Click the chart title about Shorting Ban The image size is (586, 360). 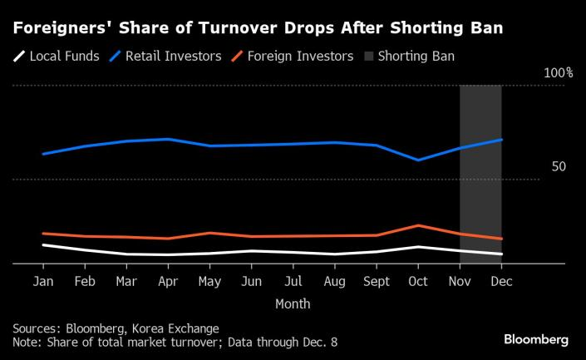coord(257,28)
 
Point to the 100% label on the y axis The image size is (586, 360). coord(558,73)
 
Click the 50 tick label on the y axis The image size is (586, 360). coord(559,166)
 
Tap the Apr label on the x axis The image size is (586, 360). coord(169,282)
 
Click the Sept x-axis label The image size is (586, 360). coord(377,282)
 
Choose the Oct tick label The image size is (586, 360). coord(418,282)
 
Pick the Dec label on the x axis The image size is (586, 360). coord(501,282)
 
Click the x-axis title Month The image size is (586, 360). coord(293,303)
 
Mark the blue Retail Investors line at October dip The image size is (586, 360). coord(418,160)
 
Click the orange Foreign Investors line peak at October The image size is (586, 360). coord(418,225)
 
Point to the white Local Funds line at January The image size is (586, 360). coord(42,244)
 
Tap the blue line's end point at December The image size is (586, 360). coord(501,140)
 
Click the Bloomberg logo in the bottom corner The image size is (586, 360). coord(536,339)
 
